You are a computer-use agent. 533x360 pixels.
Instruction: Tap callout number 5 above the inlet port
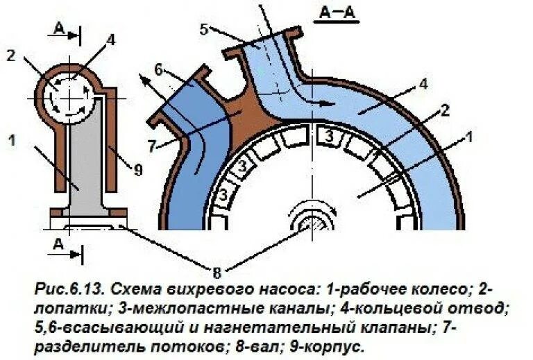(203, 29)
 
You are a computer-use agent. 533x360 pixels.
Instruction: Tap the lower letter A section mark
(60, 245)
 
